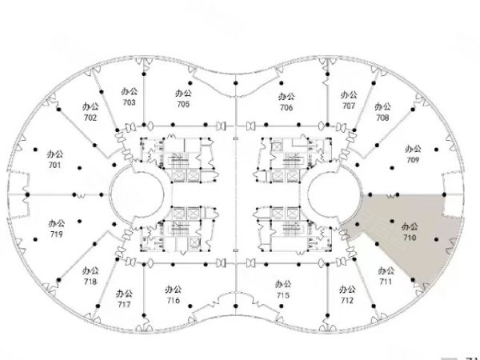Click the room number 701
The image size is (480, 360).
click(54, 166)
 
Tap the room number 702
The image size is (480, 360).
click(90, 118)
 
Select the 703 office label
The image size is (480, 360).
click(129, 102)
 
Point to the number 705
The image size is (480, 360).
click(183, 104)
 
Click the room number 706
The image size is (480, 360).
click(286, 107)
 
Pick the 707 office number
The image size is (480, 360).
click(349, 106)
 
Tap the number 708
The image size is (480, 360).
click(382, 118)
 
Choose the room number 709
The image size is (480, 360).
click(413, 160)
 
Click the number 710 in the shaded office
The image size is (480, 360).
click(410, 238)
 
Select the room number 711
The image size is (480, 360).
click(386, 282)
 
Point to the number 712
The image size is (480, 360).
click(347, 300)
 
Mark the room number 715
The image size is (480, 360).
click(283, 295)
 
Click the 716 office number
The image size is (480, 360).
click(174, 300)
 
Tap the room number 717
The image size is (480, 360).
click(124, 305)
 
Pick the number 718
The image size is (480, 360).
click(90, 282)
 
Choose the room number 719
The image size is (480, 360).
click(56, 234)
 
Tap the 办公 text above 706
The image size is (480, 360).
click(286, 97)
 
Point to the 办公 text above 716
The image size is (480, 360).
click(174, 290)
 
